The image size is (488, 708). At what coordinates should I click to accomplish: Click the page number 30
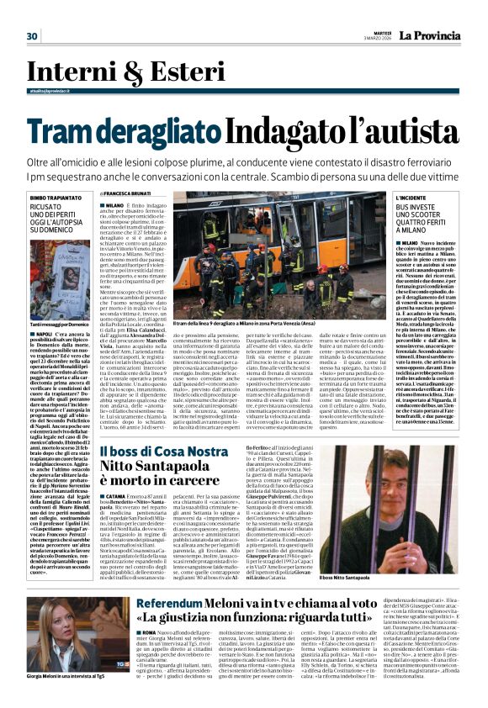tap(33, 36)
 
